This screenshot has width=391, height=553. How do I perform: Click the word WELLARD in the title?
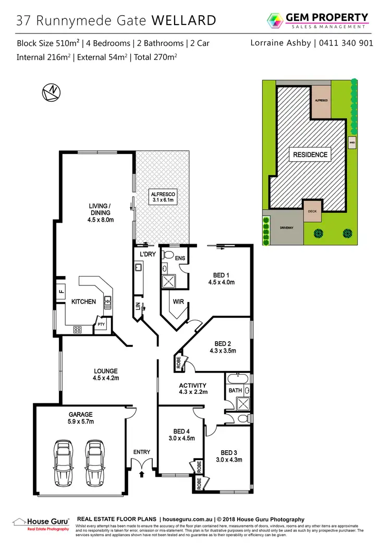[x=184, y=20]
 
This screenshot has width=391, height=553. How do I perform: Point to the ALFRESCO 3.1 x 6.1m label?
[x=162, y=196]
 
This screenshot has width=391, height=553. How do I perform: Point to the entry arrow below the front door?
[x=142, y=474]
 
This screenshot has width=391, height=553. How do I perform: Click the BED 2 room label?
[x=223, y=347]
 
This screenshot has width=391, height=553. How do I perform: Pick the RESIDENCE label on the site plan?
[x=310, y=154]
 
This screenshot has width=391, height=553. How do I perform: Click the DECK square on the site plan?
[x=312, y=212]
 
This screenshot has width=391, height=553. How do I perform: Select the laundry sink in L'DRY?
[x=139, y=268]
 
